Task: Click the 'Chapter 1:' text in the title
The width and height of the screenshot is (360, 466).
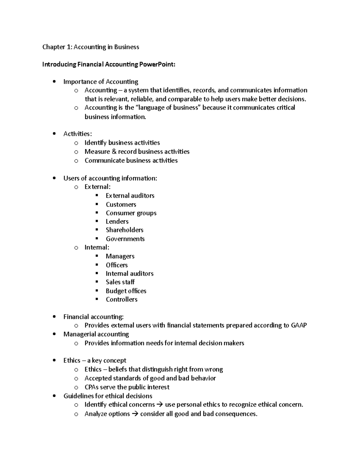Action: [x=57, y=47]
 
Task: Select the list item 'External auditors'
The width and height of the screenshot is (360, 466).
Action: [x=130, y=196]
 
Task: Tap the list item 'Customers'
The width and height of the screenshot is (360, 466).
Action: [x=121, y=204]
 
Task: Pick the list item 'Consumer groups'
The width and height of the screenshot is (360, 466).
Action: [x=131, y=213]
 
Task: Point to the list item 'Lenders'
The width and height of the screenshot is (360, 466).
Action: [x=117, y=221]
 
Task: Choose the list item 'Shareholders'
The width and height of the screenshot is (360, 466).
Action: [x=124, y=230]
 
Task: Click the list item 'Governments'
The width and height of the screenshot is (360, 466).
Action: [x=125, y=239]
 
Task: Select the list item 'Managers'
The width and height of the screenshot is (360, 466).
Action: [x=120, y=256]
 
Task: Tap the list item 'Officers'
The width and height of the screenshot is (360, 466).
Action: [x=117, y=265]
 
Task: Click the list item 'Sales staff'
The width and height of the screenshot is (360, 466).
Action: [x=120, y=282]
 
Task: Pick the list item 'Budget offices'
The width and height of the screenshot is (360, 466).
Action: [x=126, y=291]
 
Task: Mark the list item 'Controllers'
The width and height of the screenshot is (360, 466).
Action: [x=121, y=299]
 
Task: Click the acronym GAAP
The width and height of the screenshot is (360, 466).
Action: [x=299, y=325]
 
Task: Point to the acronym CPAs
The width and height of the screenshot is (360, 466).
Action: [x=91, y=387]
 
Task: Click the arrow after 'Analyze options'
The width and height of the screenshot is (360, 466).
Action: [x=135, y=414]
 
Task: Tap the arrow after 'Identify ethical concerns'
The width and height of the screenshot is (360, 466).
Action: [x=160, y=404]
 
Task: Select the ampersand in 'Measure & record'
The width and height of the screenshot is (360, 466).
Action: [x=114, y=152]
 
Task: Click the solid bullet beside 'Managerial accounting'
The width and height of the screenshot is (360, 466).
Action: [x=54, y=334]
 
